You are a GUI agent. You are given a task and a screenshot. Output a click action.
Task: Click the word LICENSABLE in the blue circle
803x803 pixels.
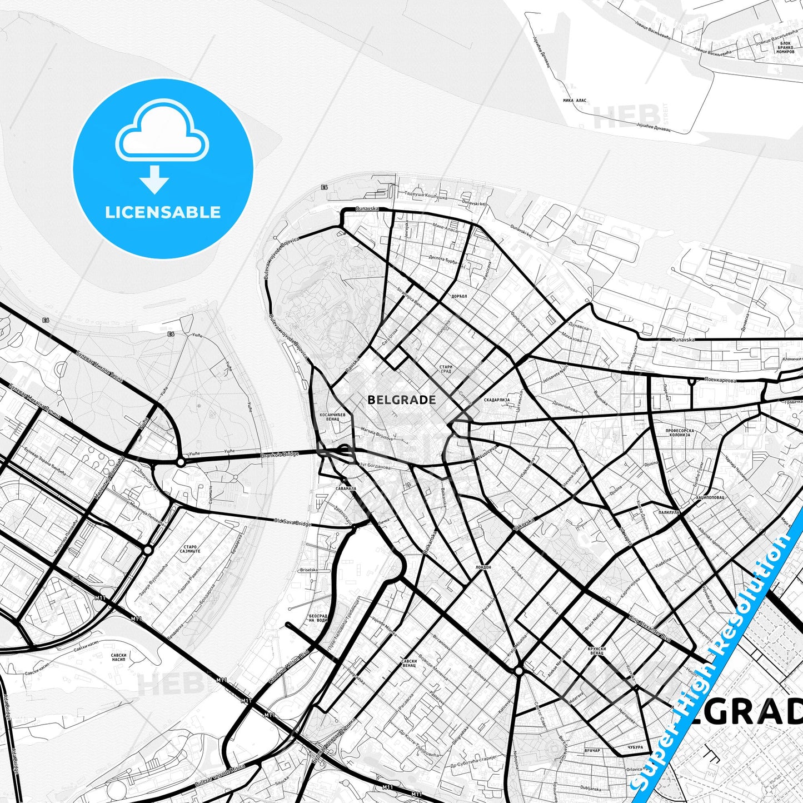point(163,212)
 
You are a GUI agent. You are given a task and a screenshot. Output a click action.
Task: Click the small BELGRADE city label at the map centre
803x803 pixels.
point(402,400)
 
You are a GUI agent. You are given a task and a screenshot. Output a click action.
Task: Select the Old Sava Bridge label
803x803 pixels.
point(293,522)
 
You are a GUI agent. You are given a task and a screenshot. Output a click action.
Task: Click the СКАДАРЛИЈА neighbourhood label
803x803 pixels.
point(497,400)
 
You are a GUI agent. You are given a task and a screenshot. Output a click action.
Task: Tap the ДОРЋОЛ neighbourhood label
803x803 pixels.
point(459,296)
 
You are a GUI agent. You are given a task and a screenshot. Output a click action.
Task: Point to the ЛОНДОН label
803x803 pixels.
point(483,567)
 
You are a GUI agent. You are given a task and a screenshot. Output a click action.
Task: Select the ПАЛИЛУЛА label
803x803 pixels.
point(669,513)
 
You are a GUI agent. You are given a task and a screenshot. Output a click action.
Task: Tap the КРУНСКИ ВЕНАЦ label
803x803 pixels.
point(595,651)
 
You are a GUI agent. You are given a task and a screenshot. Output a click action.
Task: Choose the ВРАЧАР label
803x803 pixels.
point(592,751)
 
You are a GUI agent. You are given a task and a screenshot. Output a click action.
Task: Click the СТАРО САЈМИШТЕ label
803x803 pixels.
point(189,551)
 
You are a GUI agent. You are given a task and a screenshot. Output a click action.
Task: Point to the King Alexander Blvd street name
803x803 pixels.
point(650,628)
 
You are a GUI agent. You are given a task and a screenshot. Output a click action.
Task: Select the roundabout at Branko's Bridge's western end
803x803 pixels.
point(181,462)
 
